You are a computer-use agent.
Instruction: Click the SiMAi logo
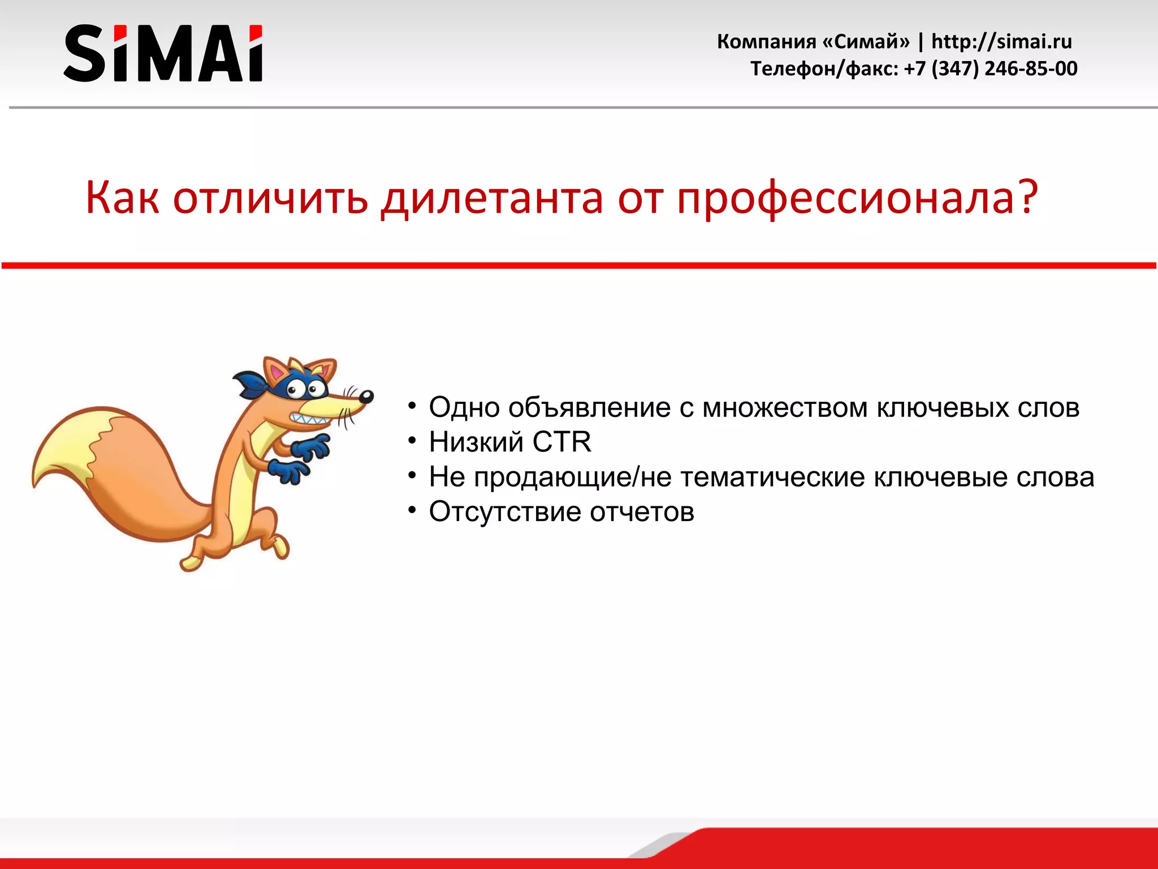[163, 53]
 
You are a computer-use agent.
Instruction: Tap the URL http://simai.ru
[1001, 41]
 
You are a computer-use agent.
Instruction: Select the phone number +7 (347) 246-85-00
[991, 68]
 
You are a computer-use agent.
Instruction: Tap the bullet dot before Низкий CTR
[412, 441]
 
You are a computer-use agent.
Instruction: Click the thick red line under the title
[579, 265]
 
